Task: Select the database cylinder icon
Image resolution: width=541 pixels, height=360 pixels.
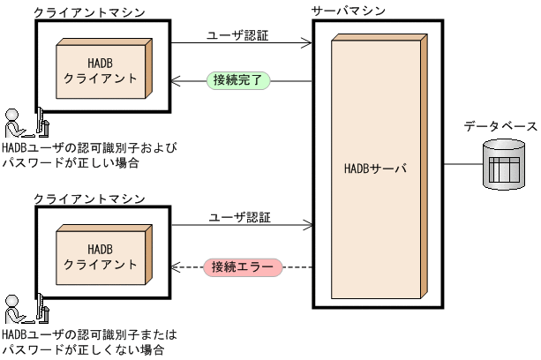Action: click(x=505, y=163)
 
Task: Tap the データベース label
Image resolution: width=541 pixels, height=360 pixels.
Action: click(x=500, y=126)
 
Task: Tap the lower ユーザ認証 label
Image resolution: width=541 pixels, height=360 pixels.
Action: click(x=238, y=216)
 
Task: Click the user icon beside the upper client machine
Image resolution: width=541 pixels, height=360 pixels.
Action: click(x=23, y=124)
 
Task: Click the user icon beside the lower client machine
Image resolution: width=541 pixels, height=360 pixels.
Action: click(x=23, y=308)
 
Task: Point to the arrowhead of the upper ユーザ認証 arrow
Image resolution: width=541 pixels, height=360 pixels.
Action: click(x=309, y=43)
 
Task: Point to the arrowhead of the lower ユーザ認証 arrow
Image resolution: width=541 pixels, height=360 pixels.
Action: click(x=309, y=226)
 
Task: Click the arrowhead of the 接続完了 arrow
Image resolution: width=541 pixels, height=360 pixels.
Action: click(x=176, y=81)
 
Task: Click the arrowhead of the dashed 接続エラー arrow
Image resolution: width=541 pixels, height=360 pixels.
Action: click(x=176, y=266)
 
